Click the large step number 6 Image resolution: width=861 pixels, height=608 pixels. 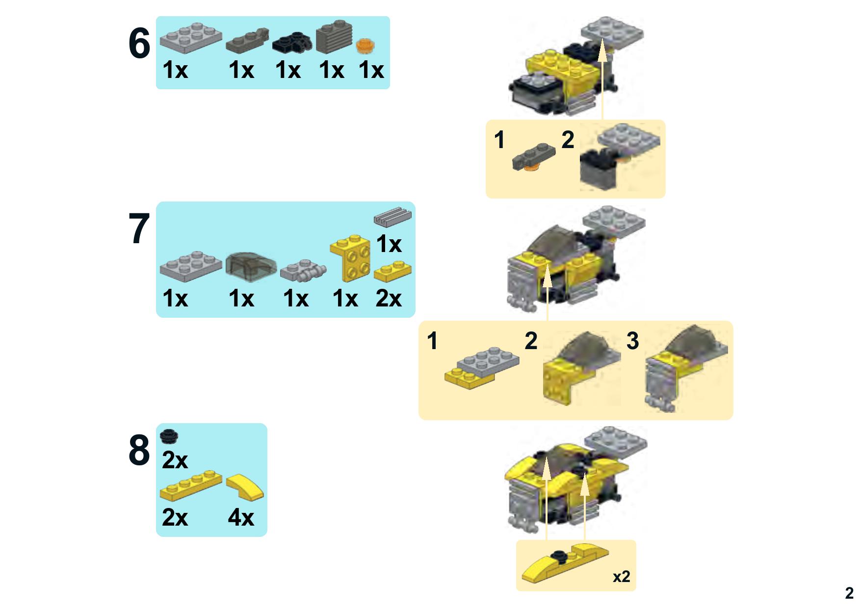139,44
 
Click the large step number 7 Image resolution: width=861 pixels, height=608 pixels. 139,229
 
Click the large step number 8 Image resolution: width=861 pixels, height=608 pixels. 139,450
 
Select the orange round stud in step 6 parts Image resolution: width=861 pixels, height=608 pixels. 365,46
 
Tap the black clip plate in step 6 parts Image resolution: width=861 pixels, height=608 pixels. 292,42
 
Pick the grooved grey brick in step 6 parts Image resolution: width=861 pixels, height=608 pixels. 335,37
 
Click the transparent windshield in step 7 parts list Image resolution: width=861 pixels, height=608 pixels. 251,267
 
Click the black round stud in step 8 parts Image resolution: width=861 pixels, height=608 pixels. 170,434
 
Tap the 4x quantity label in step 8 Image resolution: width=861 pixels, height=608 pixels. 241,517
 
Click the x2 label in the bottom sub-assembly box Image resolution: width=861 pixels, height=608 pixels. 621,577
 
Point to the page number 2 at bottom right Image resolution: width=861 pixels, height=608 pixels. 849,593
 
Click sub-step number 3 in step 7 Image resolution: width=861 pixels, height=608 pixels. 633,340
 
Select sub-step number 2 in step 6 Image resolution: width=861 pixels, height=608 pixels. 568,140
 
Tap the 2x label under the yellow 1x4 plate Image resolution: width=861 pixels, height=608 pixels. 175,517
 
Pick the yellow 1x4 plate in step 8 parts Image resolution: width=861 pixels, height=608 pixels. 191,485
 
